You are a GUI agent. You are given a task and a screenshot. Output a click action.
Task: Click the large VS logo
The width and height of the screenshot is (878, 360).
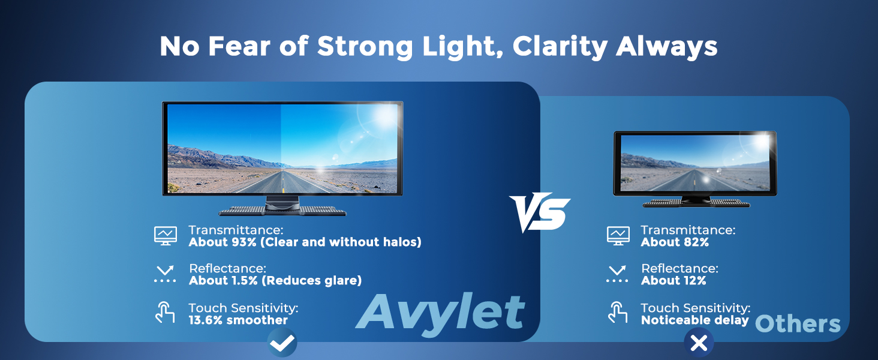[540, 212]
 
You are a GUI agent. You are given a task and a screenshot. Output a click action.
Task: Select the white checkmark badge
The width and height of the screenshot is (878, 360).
[282, 343]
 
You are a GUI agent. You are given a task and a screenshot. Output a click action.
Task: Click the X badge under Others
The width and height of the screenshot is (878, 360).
[699, 343]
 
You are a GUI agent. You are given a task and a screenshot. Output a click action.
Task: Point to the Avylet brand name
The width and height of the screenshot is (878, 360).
[440, 313]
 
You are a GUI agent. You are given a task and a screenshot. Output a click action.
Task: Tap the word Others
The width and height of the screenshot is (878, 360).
[798, 324]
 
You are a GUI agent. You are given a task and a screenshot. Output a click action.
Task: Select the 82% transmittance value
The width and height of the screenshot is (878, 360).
[696, 242]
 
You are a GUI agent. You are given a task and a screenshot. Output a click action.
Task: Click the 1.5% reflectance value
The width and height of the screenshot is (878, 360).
[245, 280]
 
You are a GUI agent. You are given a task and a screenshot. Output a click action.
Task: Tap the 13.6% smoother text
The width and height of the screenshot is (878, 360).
[238, 320]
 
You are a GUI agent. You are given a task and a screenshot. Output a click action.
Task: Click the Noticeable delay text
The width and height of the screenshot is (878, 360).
[695, 320]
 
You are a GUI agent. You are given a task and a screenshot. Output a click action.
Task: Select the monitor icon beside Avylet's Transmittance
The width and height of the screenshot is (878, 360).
[166, 236]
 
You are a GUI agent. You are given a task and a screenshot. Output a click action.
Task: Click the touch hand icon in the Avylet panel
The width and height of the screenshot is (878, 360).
[165, 313]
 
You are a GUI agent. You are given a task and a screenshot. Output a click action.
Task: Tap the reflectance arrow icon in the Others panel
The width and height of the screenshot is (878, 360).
[617, 274]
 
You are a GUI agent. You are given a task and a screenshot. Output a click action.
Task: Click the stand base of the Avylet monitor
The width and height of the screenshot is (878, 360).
[282, 211]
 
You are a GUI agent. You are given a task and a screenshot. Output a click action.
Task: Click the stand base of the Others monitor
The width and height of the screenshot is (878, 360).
[696, 203]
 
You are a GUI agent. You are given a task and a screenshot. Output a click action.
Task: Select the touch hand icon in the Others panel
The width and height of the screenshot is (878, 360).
[618, 313]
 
